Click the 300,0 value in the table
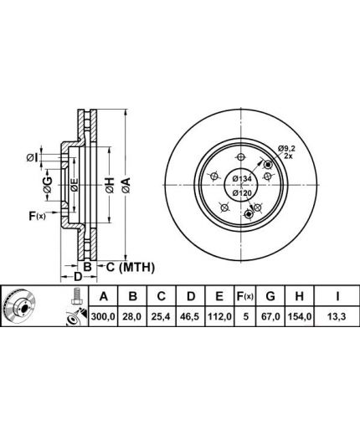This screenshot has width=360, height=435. tap(103, 317)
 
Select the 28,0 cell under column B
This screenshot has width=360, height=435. tap(133, 317)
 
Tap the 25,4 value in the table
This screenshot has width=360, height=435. tap(162, 317)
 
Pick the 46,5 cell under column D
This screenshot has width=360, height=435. tap(190, 317)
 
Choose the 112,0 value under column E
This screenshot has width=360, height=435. tap(219, 317)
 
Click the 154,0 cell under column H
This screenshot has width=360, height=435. tap(299, 317)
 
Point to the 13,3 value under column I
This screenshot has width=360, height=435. tap(337, 317)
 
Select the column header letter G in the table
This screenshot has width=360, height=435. tap(270, 296)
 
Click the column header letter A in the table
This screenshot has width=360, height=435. tap(103, 296)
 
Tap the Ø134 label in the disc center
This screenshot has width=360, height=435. tap(242, 179)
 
